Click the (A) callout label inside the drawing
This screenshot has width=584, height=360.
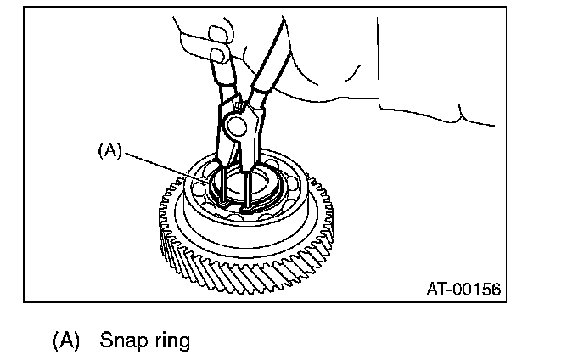pyautogui.click(x=110, y=149)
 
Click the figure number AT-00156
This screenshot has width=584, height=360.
pyautogui.click(x=463, y=290)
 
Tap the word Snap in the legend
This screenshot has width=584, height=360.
pyautogui.click(x=121, y=341)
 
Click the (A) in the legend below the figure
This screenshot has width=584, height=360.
pyautogui.click(x=65, y=341)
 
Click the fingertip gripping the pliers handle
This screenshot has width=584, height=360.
pyautogui.click(x=219, y=56)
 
